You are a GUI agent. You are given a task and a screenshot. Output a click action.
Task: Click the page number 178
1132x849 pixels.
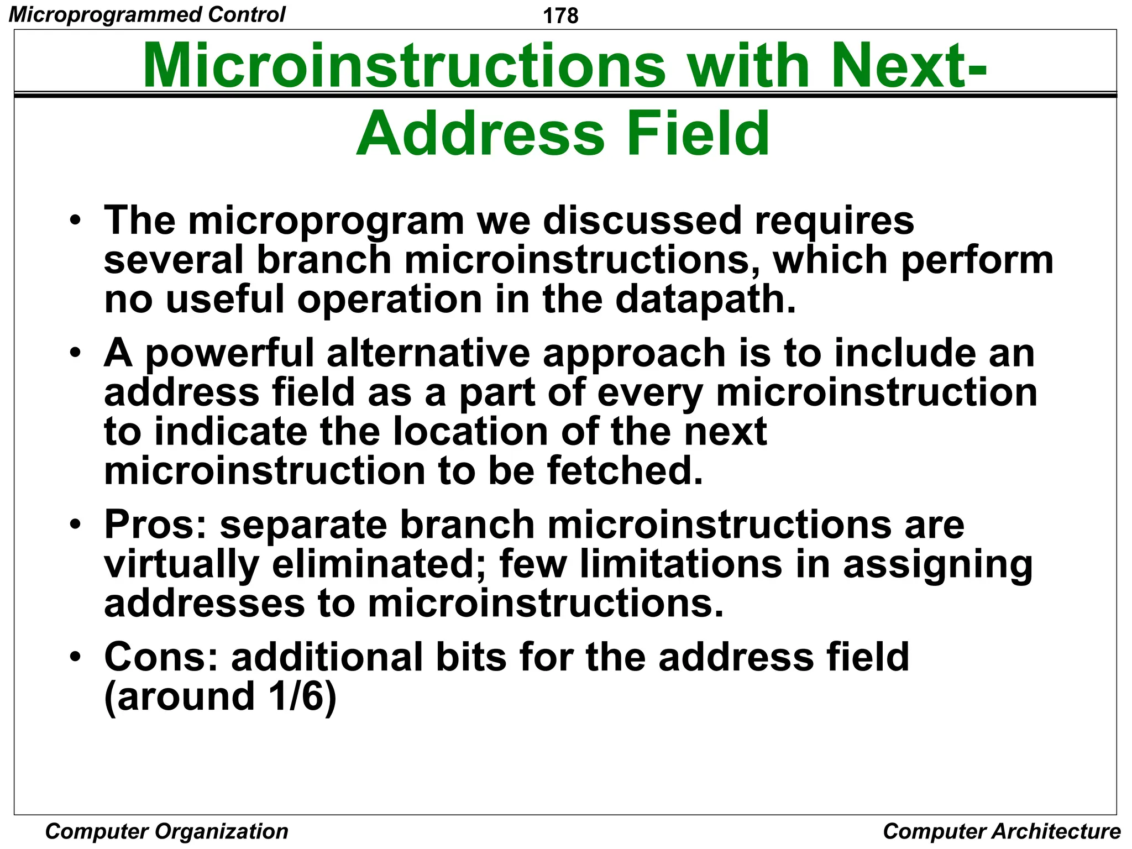(x=560, y=15)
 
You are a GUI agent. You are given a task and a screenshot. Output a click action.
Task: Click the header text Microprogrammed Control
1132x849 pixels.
(x=147, y=14)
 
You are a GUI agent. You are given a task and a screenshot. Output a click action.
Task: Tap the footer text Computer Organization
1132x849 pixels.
(x=166, y=831)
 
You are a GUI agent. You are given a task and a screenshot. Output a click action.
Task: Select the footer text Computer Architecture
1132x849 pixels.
(x=1002, y=831)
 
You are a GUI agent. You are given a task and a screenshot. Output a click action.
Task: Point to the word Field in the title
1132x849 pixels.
(x=698, y=134)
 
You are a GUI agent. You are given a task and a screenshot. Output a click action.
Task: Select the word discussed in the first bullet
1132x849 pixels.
(x=641, y=221)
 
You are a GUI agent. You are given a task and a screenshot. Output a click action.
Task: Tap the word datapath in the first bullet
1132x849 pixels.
(x=705, y=299)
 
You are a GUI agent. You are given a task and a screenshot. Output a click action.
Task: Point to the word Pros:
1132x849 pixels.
(x=155, y=525)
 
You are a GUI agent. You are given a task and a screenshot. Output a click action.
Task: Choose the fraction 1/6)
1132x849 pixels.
(x=302, y=696)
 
